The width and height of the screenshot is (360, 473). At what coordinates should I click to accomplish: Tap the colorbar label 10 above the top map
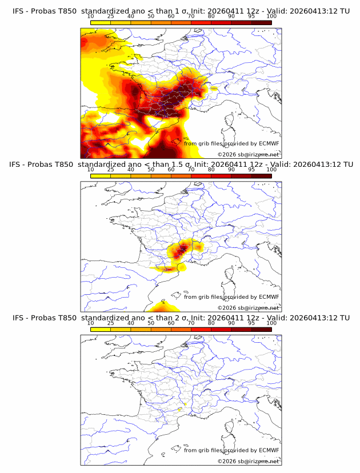[91, 17]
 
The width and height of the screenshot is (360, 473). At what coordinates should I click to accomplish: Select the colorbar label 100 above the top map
[271, 17]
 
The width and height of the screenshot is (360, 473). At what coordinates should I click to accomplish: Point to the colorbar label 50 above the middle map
[151, 170]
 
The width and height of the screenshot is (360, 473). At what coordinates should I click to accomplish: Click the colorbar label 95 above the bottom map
[251, 323]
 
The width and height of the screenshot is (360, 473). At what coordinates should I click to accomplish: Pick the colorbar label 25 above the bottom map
[111, 323]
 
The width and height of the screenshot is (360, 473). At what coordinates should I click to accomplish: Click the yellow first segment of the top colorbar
[101, 23]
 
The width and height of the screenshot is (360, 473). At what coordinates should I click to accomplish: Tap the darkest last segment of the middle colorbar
[261, 176]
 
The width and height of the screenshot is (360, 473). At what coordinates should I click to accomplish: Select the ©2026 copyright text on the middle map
[248, 307]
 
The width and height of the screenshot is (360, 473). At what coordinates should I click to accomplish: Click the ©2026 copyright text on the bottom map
[248, 461]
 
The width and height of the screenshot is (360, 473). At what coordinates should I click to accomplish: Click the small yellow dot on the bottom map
[179, 410]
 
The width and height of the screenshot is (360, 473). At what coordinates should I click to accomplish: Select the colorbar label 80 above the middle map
[211, 170]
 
